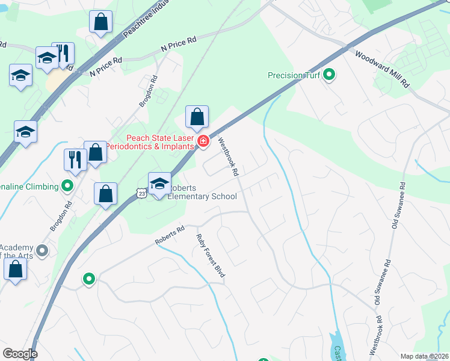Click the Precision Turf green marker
click(x=329, y=75)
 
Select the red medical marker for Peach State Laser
click(x=203, y=142)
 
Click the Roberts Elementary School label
click(x=202, y=192)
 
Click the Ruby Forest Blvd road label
click(x=211, y=255)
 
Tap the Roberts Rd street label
click(x=170, y=236)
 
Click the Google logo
click(x=20, y=354)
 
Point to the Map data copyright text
click(x=425, y=356)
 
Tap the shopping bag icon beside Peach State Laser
click(x=197, y=118)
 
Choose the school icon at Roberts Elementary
click(x=159, y=184)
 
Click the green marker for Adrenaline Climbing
click(x=67, y=186)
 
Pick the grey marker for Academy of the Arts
click(x=42, y=249)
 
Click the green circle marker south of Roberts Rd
click(x=89, y=279)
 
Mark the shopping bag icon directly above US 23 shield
click(x=105, y=194)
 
